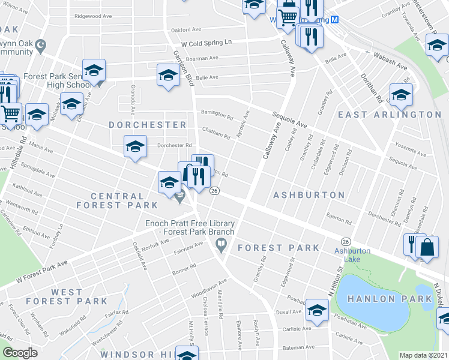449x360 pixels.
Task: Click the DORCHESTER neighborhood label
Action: [x=148, y=125]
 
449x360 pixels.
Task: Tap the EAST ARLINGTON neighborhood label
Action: [x=390, y=115]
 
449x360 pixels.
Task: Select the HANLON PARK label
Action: [x=384, y=299]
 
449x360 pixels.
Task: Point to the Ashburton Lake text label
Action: [x=352, y=254]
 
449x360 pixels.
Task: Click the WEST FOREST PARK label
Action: [x=79, y=296]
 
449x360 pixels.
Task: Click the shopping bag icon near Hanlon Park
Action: [x=427, y=247]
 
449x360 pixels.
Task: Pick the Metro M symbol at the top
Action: [x=336, y=20]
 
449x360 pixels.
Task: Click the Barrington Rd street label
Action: [x=217, y=114]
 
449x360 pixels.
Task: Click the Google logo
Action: [x=20, y=353]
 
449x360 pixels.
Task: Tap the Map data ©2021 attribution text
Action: [x=423, y=355]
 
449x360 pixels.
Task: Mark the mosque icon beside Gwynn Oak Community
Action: [x=41, y=44]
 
